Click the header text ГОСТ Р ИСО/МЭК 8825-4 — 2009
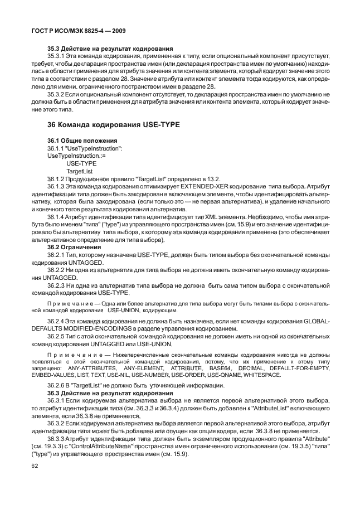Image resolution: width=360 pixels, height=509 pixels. coord(76,30)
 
